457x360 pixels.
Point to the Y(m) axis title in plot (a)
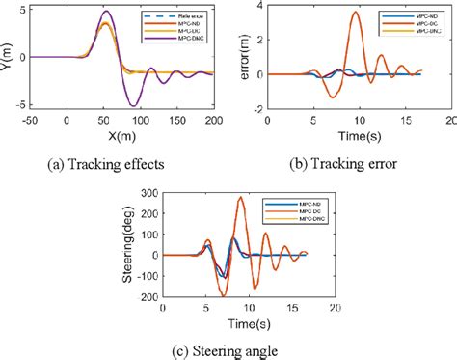point(9,56)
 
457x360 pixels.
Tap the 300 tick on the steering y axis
point(148,187)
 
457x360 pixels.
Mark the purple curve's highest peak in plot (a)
point(53,13)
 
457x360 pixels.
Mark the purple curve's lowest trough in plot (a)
point(86,104)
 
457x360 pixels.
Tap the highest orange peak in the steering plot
point(241,198)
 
